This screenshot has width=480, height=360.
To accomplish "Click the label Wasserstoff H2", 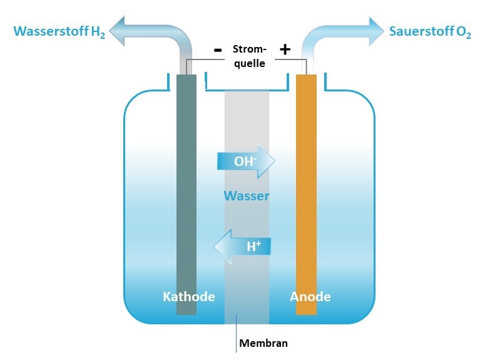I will click(x=59, y=31).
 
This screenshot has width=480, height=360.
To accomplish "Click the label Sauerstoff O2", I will click(x=430, y=31).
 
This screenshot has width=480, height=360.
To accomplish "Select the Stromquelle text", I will click(x=248, y=56).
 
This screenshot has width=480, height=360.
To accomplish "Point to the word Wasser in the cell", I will click(x=247, y=197).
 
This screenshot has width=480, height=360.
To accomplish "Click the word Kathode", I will click(x=188, y=296).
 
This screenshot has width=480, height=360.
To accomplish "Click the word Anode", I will click(x=310, y=296).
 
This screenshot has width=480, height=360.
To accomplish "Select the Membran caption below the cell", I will click(x=263, y=342).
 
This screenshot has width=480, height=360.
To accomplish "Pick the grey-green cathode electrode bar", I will click(x=186, y=188).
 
